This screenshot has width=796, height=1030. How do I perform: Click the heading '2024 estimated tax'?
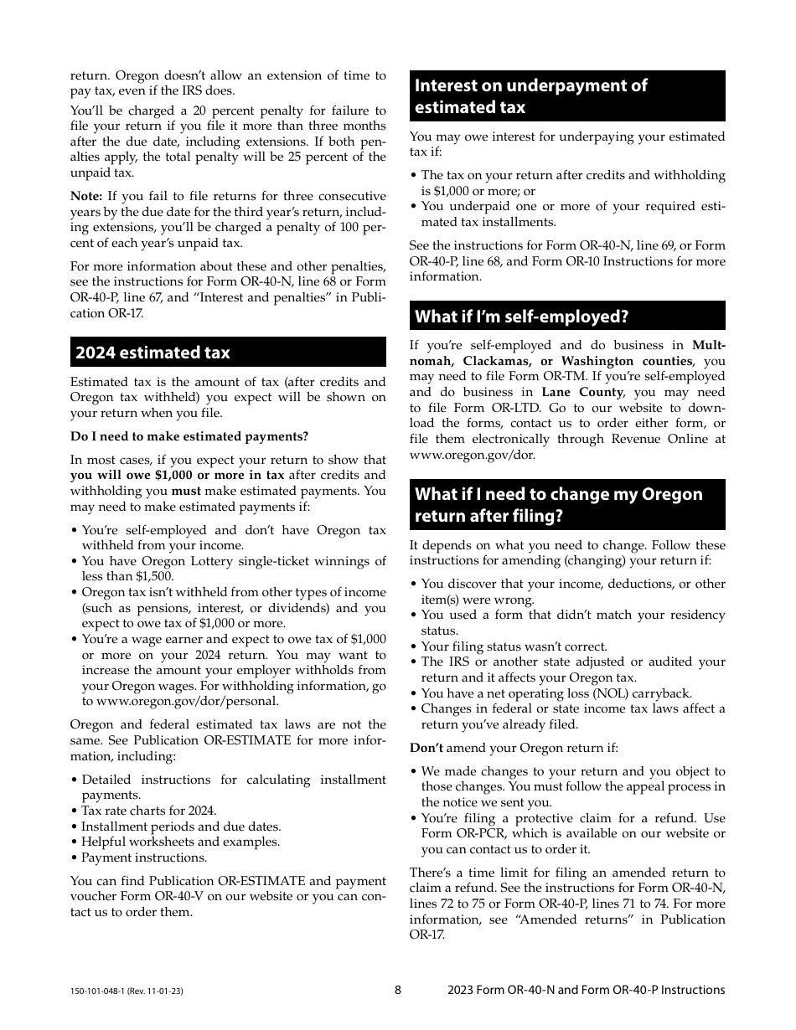(152, 353)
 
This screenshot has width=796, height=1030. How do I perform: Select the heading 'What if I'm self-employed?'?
(521, 317)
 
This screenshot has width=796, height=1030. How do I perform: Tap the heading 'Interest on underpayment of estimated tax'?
(531, 96)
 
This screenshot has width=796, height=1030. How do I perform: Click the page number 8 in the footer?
(398, 990)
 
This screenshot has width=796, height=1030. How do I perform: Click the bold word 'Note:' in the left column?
(85, 196)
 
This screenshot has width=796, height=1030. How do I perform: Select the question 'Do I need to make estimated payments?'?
(189, 436)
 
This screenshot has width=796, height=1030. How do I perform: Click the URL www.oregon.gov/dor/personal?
(188, 701)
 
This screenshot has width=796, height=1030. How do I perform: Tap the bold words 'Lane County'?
(582, 392)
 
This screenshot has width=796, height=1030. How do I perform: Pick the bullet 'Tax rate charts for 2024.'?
(149, 811)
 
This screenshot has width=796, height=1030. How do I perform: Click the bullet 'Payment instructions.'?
(144, 857)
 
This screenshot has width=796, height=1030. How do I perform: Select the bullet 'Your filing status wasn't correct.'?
(514, 646)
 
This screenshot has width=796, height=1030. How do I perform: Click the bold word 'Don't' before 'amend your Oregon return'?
(426, 748)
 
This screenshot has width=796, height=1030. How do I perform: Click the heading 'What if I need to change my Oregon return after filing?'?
(559, 505)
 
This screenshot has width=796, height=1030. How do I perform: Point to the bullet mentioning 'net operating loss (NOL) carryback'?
(556, 693)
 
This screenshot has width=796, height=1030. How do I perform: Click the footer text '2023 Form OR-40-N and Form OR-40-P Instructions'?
(586, 990)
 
